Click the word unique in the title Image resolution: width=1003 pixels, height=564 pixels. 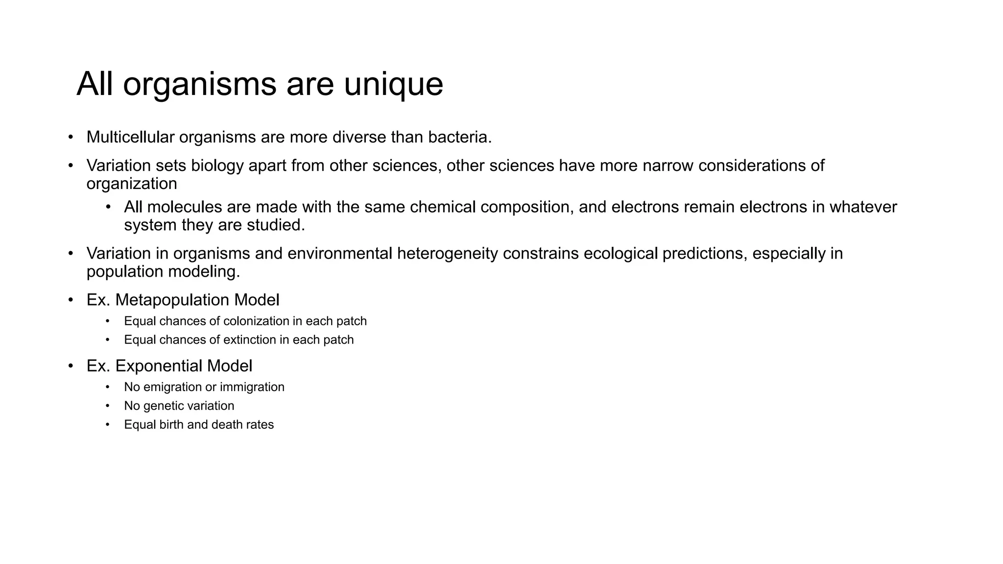pos(393,84)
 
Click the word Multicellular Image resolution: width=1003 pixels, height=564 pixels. pos(130,137)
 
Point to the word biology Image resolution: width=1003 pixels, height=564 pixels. pos(217,165)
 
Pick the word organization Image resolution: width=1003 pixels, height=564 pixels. pos(132,184)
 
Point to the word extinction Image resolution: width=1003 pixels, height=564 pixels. pos(250,340)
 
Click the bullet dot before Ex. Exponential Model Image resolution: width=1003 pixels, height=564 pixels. pos(71,366)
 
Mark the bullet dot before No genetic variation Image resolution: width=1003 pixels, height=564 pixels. pos(108,406)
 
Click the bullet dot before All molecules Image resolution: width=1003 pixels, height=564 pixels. pos(108,207)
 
